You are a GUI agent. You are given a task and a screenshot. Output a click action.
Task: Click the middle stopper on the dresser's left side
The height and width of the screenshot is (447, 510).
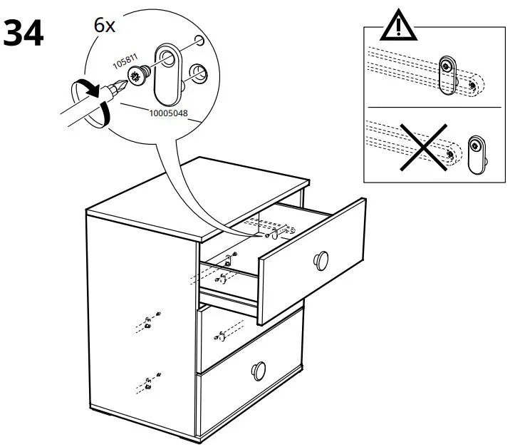pyautogui.click(x=147, y=323)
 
